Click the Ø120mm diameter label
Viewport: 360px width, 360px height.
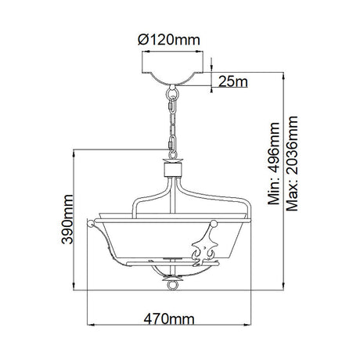point(169,40)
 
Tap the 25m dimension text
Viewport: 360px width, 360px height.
point(233,81)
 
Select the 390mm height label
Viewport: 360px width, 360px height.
point(67,219)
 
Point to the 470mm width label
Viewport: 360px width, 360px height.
point(169,319)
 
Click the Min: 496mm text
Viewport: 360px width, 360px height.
point(274,164)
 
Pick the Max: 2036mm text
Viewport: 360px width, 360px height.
point(292,164)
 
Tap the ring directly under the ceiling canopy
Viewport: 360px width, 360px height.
point(172,92)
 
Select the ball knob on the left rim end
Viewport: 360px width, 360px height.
point(91,224)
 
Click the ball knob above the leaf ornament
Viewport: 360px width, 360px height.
point(214,224)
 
